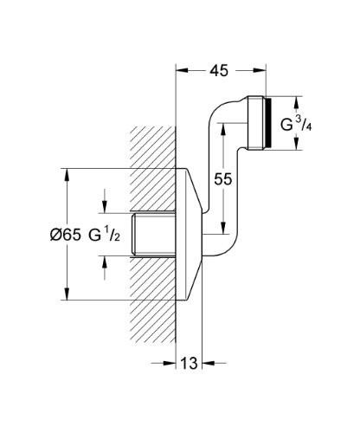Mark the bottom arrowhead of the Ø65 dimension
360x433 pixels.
click(x=66, y=294)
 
